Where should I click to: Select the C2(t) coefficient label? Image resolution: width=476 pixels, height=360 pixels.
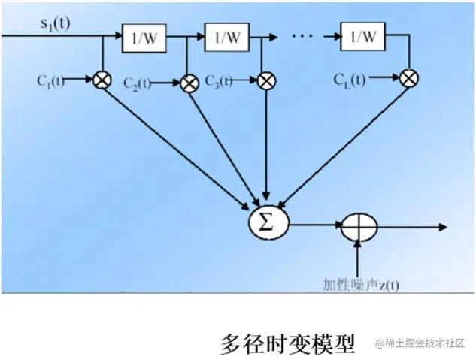click(138, 81)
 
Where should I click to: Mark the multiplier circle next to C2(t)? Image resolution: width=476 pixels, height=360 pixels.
click(189, 82)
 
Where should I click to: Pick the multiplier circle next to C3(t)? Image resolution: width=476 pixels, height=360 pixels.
click(265, 80)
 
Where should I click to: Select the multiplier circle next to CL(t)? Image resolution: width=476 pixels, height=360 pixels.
click(409, 77)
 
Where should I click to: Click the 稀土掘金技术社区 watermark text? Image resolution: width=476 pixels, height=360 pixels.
click(423, 344)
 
